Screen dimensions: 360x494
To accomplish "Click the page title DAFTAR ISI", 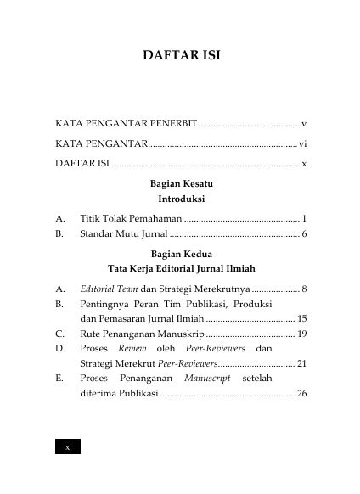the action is coord(179,59).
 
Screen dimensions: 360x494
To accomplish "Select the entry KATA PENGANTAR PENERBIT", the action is coord(125,123).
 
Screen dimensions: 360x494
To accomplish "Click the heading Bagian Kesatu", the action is coord(180,184).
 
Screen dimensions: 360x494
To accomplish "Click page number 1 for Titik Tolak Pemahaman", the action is coord(304,218).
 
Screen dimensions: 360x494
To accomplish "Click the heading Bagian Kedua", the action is coord(180,254).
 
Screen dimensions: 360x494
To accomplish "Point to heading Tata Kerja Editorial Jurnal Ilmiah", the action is coord(180,269).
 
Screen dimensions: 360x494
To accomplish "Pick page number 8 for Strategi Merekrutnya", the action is coord(304,289).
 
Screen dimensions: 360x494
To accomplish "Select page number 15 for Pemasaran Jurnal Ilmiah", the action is coord(301,318).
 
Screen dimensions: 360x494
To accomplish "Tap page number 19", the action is coord(301,334).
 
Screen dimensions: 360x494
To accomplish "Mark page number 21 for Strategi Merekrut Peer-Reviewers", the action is coord(301,363).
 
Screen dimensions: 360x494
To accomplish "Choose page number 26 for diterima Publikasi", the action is coord(301,394).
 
